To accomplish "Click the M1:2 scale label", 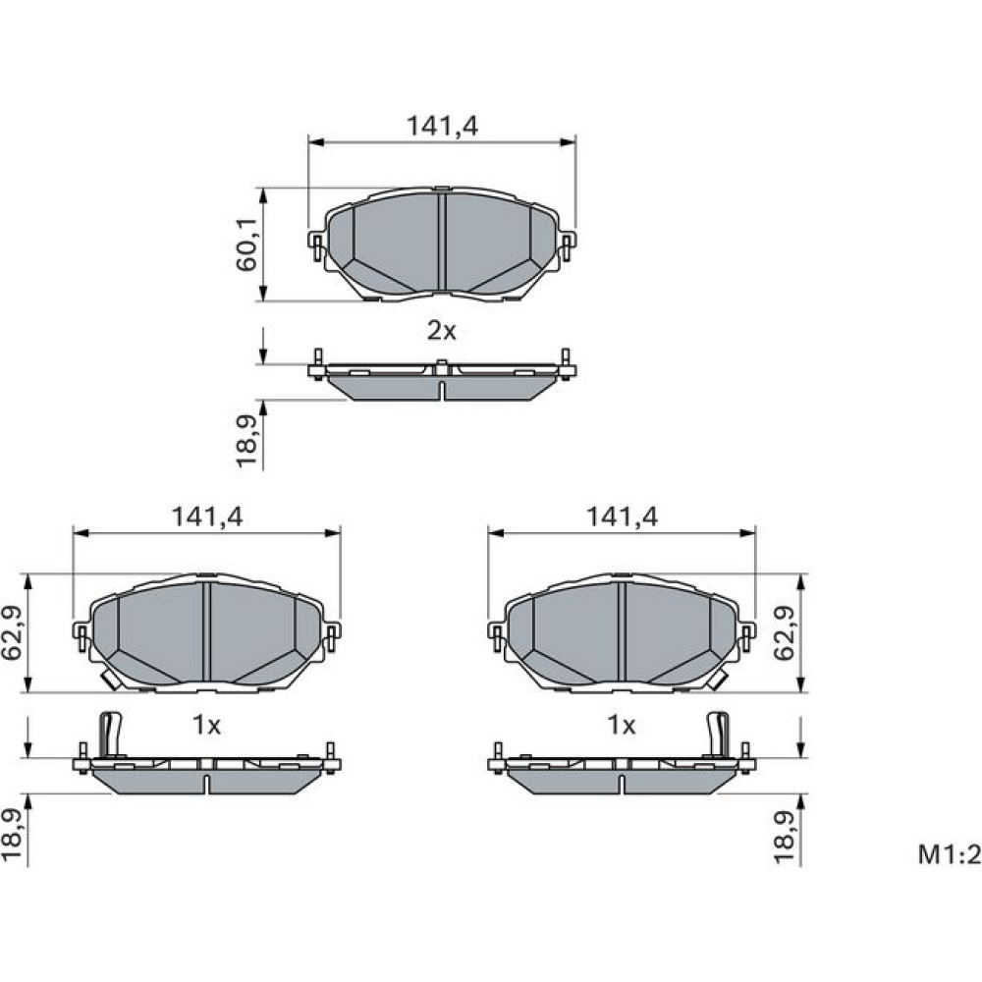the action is pyautogui.click(x=949, y=854).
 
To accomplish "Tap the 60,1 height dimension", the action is pyautogui.click(x=246, y=245).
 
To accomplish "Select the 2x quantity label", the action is pyautogui.click(x=442, y=330).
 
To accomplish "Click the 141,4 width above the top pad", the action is pyautogui.click(x=442, y=126).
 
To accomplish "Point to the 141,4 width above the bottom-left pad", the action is pyautogui.click(x=206, y=517).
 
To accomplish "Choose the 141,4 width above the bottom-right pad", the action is pyautogui.click(x=622, y=517).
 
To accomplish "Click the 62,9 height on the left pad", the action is pyautogui.click(x=13, y=633).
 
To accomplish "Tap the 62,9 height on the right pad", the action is pyautogui.click(x=784, y=633).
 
